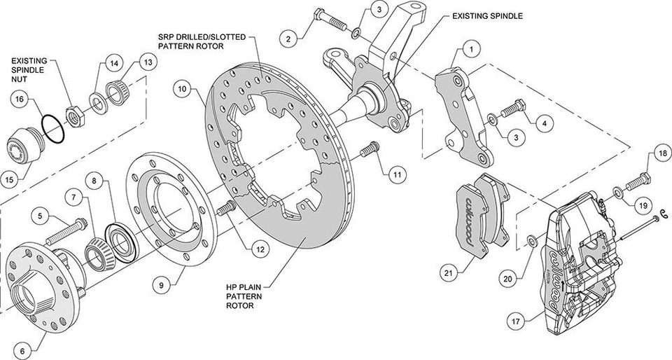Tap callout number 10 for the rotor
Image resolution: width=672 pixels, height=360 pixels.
(x=183, y=89)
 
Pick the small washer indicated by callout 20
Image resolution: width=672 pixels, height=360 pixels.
(x=530, y=242)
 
